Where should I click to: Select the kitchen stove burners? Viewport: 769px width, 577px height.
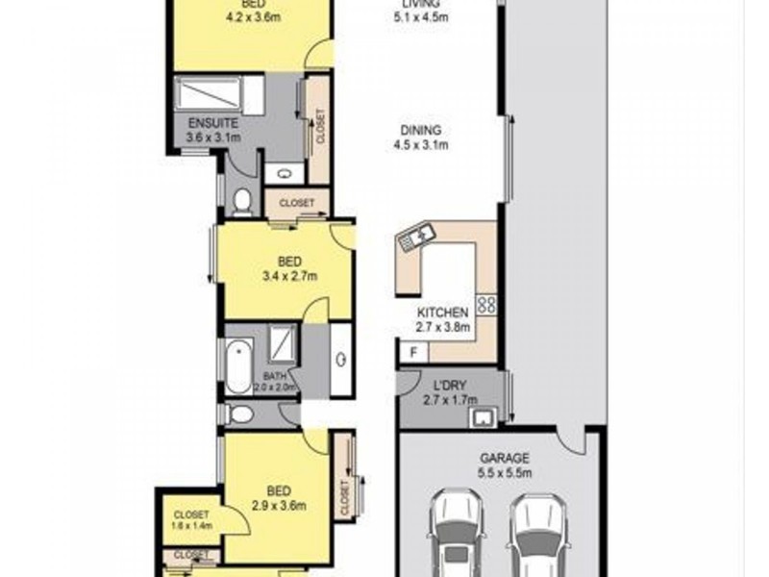(486, 305)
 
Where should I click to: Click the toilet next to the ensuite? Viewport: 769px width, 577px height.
(241, 200)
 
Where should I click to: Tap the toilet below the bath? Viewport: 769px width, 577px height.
(240, 414)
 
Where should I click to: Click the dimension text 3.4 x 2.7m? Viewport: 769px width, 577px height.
(290, 276)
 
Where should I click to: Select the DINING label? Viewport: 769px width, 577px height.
(422, 132)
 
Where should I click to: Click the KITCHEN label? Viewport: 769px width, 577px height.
(443, 313)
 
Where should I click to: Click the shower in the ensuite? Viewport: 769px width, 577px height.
(209, 94)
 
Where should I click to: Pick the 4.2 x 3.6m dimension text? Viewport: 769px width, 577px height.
(253, 16)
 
